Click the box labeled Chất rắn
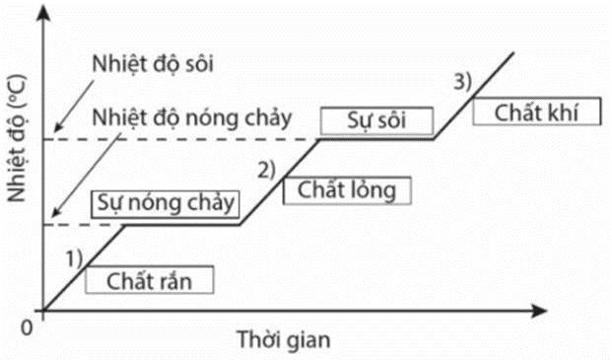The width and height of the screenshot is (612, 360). coord(150,279)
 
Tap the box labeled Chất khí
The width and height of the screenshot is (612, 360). coord(537,112)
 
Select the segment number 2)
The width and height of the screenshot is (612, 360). coord(268,169)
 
